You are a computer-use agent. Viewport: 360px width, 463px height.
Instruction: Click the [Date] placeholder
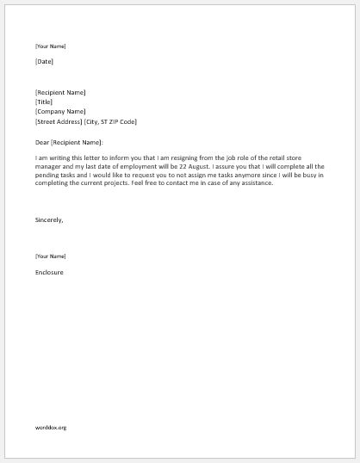pyautogui.click(x=45, y=62)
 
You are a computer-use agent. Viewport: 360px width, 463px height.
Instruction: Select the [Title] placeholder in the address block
pyautogui.click(x=44, y=102)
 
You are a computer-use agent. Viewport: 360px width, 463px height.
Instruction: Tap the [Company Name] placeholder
pyautogui.click(x=60, y=111)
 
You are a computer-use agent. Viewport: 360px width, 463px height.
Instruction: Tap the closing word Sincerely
pyautogui.click(x=49, y=219)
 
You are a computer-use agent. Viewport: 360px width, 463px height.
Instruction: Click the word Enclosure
pyautogui.click(x=49, y=273)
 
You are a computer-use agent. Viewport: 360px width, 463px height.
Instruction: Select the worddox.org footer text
pyautogui.click(x=51, y=427)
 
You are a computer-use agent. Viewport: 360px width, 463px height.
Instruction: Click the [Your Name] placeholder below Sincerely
pyautogui.click(x=50, y=256)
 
